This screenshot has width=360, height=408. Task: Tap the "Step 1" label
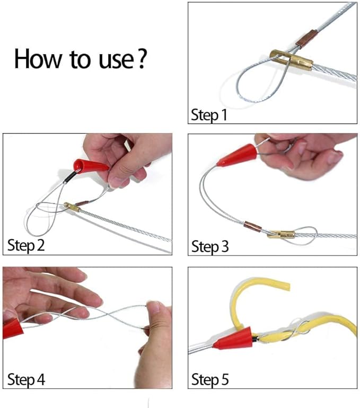(x=209, y=114)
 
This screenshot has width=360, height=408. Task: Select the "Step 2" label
(x=26, y=245)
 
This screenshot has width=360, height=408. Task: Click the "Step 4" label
(x=26, y=379)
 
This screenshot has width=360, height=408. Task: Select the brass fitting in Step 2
(x=72, y=208)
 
